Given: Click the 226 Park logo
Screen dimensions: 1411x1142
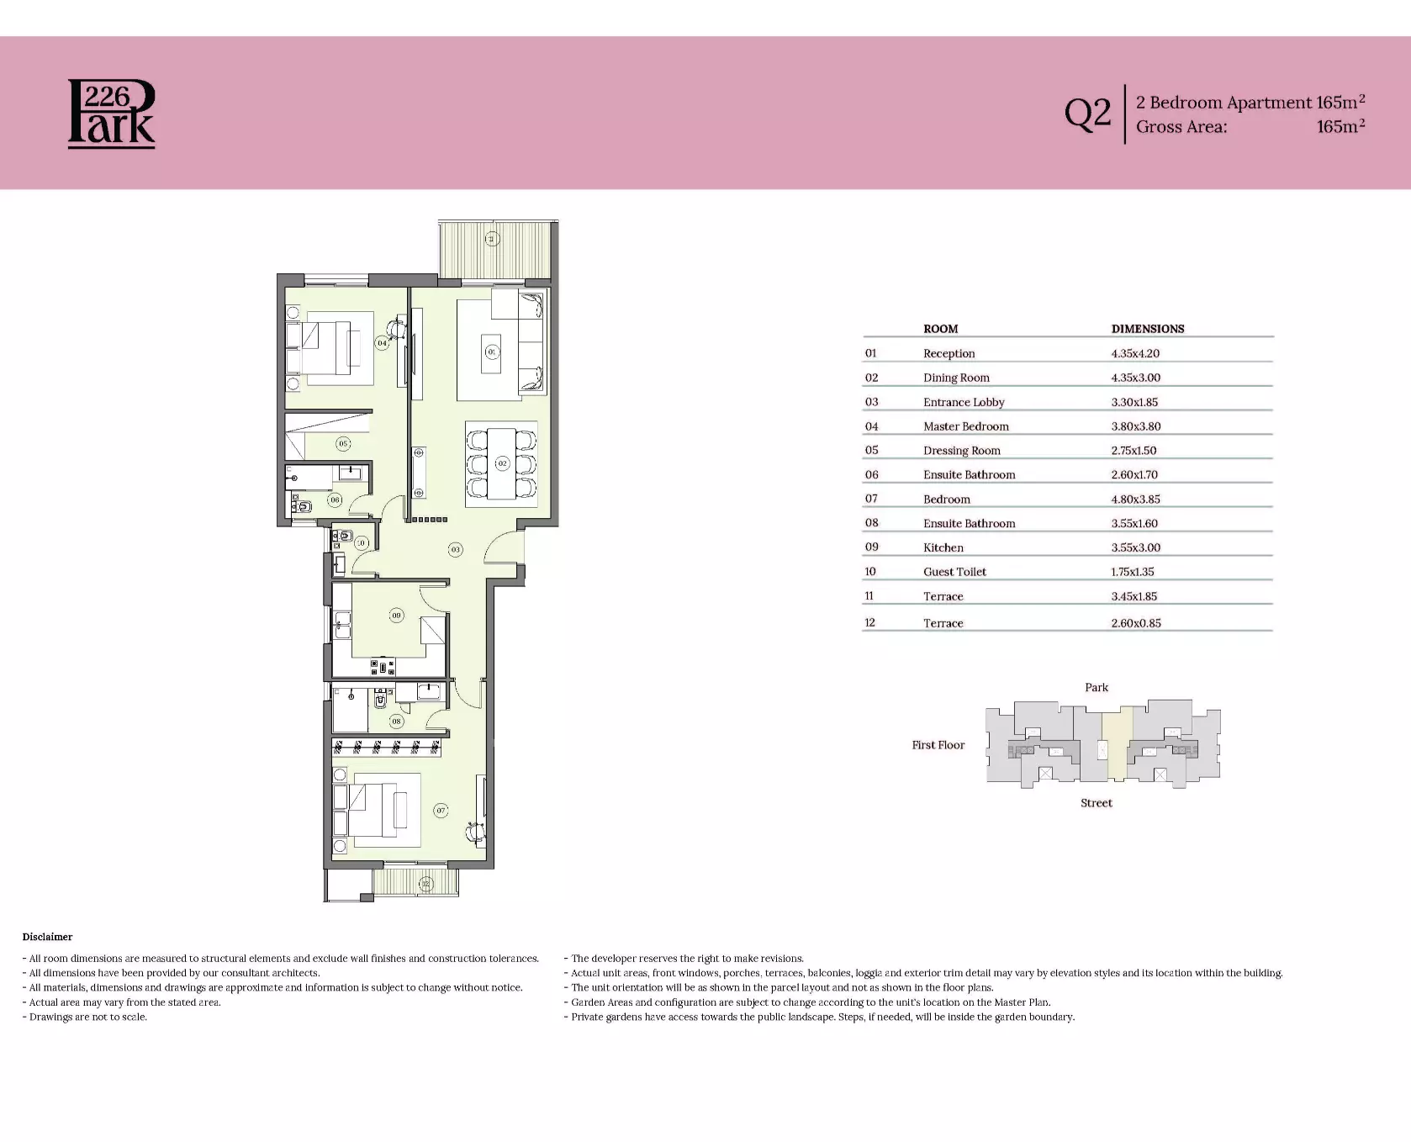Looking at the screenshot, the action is coord(111,114).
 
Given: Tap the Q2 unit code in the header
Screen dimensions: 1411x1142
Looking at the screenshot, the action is coord(1087,114).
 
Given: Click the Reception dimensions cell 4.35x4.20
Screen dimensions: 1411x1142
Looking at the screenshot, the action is coord(1135,353).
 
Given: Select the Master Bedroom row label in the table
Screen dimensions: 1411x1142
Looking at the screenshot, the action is coord(966,426).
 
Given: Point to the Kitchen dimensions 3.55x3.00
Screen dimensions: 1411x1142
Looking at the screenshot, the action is coord(1135,547).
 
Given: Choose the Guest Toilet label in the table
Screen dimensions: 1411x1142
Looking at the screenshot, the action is coord(954,572).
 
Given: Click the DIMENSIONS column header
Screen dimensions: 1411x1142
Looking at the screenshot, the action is coord(1148,329).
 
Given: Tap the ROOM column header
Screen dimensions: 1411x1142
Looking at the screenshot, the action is coord(940,329).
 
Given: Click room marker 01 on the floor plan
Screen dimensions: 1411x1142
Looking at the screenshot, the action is coord(492,352).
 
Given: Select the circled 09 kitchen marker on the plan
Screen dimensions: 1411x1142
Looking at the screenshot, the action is coord(397,616).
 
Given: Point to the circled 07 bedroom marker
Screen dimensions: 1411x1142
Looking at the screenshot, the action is coord(441,811).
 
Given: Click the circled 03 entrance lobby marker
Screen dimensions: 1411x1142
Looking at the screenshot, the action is coord(455,549).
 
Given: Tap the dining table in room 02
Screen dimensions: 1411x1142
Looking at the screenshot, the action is coord(502,463).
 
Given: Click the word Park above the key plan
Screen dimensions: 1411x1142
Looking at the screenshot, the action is coord(1097,687).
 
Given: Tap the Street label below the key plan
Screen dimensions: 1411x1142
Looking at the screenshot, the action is coord(1097,803).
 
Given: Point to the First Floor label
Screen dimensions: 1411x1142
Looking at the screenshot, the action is coord(938,745).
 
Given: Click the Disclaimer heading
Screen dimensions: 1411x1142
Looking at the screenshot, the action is coord(48,937).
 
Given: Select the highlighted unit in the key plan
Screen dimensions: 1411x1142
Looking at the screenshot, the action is coord(1117,743).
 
